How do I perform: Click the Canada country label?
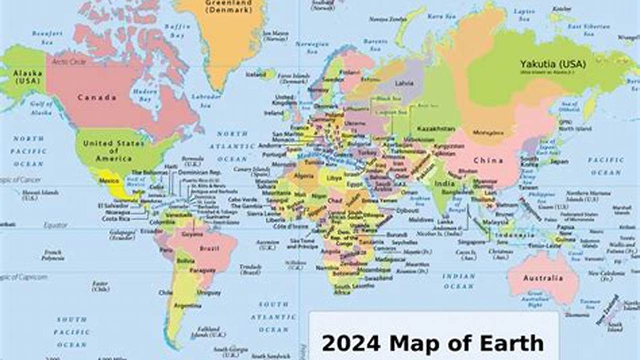tap(97, 97)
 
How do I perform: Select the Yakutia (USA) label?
tap(552, 64)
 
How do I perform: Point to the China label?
tap(488, 160)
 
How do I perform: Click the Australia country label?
tap(543, 278)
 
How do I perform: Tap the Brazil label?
tap(210, 248)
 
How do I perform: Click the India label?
tap(445, 183)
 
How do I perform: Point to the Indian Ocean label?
tap(458, 281)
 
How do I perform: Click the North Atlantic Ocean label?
tap(232, 146)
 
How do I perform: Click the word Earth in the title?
tap(515, 344)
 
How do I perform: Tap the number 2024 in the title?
tap(351, 344)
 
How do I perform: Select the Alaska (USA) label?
tap(28, 76)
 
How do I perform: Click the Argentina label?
tap(187, 305)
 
